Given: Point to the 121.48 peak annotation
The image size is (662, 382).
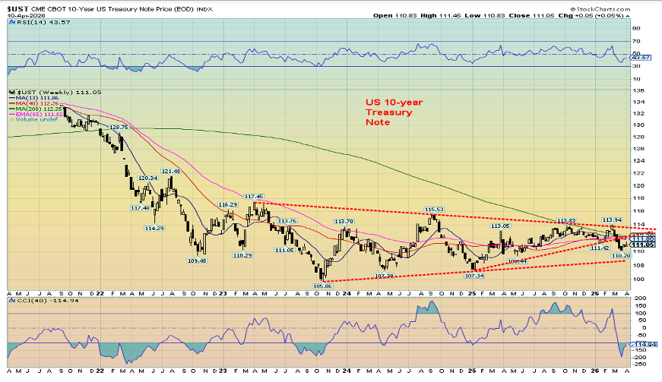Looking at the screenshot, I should click(x=171, y=172).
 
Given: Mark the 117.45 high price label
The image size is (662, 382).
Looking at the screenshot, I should click(x=253, y=197).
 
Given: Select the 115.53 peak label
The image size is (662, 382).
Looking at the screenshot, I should click(x=434, y=209).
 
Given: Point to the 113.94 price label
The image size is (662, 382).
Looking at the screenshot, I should click(x=613, y=219).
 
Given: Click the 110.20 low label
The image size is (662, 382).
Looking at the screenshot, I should click(x=622, y=257).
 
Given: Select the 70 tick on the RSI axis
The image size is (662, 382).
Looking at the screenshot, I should click(x=638, y=40).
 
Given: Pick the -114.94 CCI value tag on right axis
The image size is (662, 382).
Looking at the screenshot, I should click(x=644, y=344).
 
